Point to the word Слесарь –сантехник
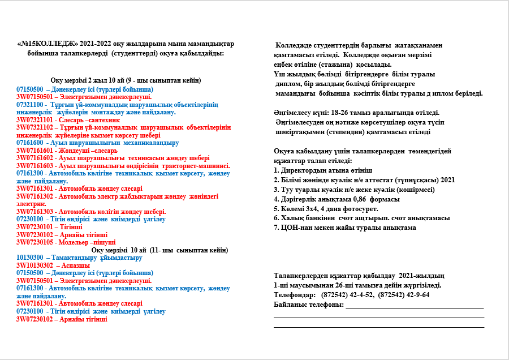pos(79,121)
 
